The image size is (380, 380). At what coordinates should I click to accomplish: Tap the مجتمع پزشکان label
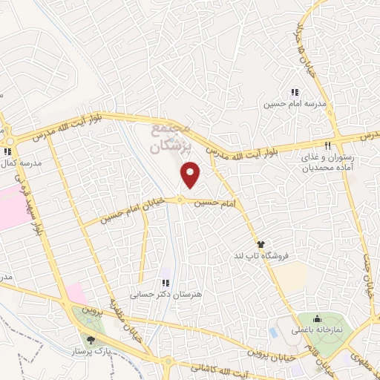pos(171,137)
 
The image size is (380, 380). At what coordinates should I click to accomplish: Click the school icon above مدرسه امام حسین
pos(295,92)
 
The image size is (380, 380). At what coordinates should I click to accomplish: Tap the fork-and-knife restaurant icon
pos(327,144)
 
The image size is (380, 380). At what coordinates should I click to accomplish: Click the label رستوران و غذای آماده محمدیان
pos(327,162)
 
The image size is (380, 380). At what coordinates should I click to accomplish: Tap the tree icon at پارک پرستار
pos(91,339)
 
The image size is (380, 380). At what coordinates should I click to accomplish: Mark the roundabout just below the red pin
pos(180,200)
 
